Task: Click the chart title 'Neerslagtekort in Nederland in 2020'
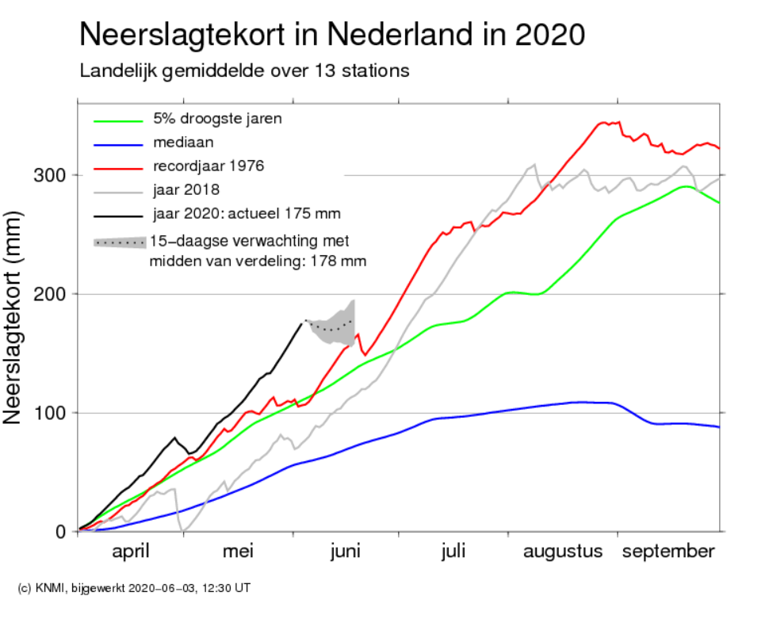[332, 35]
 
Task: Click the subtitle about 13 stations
[244, 71]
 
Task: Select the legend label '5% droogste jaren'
[217, 119]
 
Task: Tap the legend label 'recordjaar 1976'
[208, 166]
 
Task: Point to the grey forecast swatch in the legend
[120, 243]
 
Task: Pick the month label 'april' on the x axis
[130, 552]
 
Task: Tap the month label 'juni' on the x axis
[346, 552]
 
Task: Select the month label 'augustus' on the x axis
[563, 552]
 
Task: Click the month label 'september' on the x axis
[668, 552]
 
